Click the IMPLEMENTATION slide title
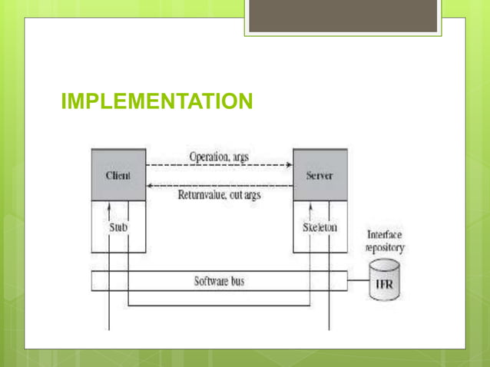157,101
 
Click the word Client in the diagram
118,175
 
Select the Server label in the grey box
319,175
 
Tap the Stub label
118,227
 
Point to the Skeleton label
320,227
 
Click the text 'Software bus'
220,282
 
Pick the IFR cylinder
384,281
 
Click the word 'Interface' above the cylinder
385,235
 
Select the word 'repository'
385,247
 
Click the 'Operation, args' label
219,156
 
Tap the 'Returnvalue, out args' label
219,195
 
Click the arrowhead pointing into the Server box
290,164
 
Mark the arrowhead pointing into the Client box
150,185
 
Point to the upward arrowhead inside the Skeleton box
310,206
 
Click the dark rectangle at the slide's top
343,15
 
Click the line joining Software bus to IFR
358,282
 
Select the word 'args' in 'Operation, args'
240,157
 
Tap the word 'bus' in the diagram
237,282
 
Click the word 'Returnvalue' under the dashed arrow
203,195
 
